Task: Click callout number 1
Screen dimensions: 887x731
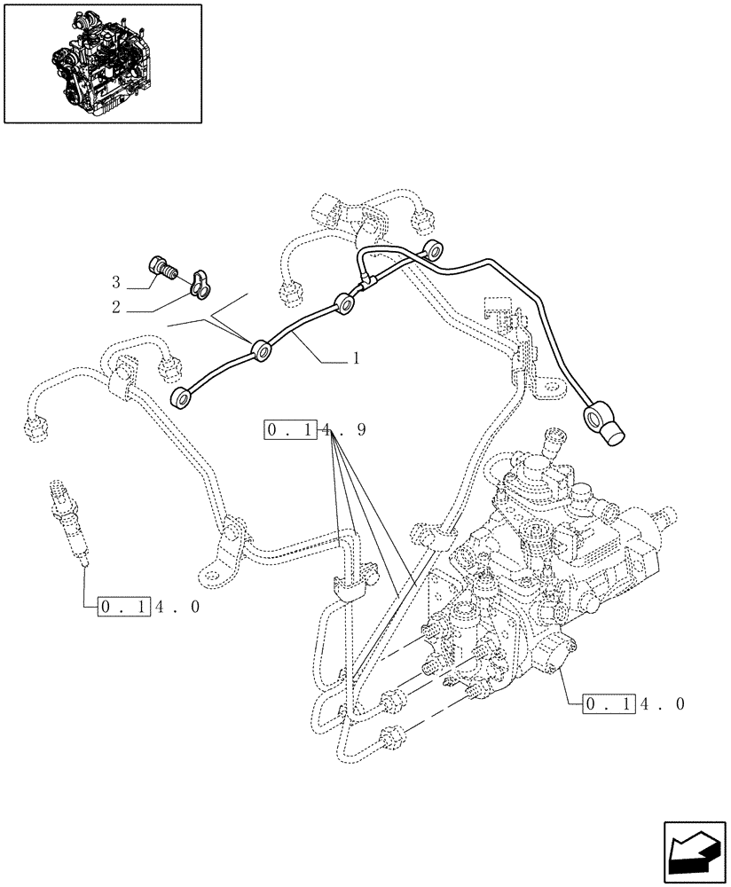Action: pos(355,359)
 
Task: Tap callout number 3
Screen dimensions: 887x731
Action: pos(115,283)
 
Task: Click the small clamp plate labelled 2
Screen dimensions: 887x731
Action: pos(201,281)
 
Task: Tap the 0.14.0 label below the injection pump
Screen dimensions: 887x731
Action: pos(633,705)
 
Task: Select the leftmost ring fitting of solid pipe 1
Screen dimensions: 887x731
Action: pos(185,399)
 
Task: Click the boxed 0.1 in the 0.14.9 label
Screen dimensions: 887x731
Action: pos(290,431)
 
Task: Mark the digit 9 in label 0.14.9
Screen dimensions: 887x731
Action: pos(360,431)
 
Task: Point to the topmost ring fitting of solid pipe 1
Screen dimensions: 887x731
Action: pos(431,249)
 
